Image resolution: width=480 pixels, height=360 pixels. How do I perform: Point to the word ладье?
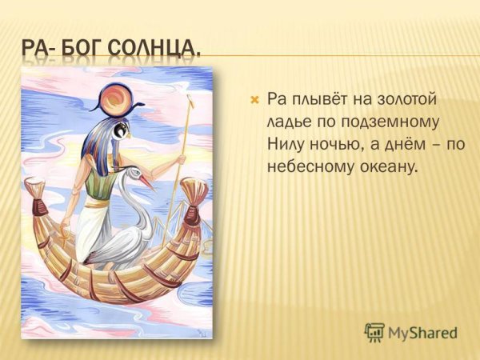(288, 123)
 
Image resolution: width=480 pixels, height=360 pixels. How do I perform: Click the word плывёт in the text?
(316, 101)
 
